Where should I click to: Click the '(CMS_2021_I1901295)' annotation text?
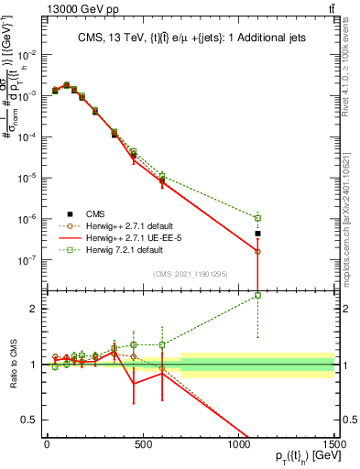coord(189,272)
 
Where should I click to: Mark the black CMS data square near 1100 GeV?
coord(258,234)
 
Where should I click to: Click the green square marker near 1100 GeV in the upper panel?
coord(258,218)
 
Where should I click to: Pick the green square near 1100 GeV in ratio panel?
coord(258,295)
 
